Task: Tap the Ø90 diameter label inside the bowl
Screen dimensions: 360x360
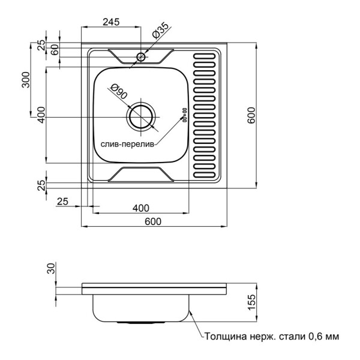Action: (118, 94)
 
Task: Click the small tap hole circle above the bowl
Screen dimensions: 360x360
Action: (141, 57)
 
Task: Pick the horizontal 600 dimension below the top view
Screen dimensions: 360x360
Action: (154, 221)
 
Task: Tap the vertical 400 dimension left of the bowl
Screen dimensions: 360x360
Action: (41, 114)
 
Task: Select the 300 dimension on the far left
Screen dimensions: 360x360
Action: (26, 80)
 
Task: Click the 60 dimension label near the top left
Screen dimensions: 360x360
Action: (55, 50)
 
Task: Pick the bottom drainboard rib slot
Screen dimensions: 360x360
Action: (204, 176)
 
